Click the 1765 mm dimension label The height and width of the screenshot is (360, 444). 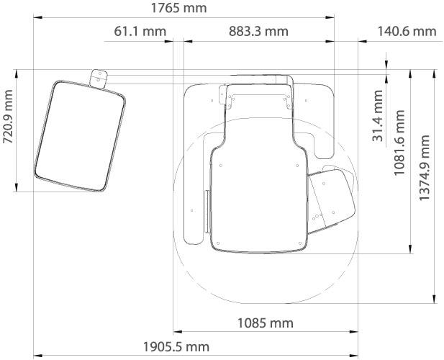[x=178, y=8]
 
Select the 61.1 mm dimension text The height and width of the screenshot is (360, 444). [x=140, y=31]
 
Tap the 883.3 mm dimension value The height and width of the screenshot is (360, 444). [x=258, y=31]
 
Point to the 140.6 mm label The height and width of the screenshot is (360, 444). [x=407, y=31]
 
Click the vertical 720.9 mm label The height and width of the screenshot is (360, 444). [x=8, y=117]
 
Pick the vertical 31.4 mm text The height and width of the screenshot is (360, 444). [x=378, y=116]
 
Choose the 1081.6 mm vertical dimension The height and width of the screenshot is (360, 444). [x=399, y=143]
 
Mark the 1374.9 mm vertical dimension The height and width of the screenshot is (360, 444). [x=424, y=168]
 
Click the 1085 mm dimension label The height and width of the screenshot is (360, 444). [x=265, y=323]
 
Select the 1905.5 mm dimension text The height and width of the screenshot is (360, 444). [x=176, y=347]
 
